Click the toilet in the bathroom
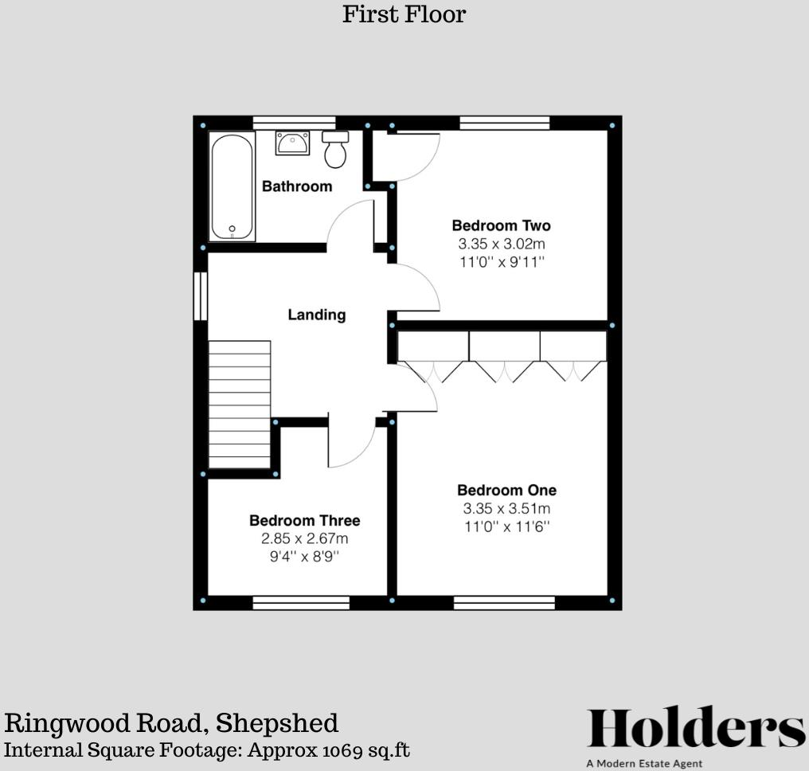click(x=335, y=151)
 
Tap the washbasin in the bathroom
click(x=292, y=143)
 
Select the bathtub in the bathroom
click(x=232, y=186)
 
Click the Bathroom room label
click(x=297, y=186)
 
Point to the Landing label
click(x=317, y=315)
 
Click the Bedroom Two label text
click(x=501, y=225)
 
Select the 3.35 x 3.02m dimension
click(x=501, y=244)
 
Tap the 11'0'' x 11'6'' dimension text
click(x=506, y=526)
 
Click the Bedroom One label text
click(x=506, y=490)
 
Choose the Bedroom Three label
click(x=304, y=520)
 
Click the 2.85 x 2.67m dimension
click(x=304, y=538)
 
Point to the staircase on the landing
click(x=240, y=405)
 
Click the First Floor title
click(x=404, y=14)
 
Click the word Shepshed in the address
click(x=277, y=723)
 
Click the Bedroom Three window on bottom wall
click(x=301, y=603)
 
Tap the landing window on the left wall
click(x=201, y=296)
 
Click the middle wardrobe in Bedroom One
click(x=504, y=346)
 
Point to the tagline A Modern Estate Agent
click(x=644, y=764)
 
